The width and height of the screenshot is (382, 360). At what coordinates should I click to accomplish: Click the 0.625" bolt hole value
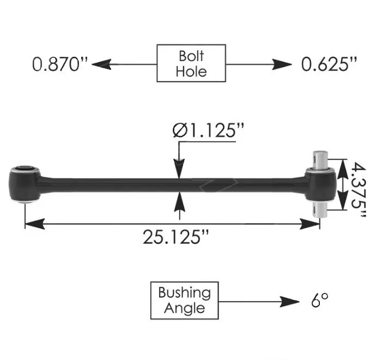[x=329, y=64]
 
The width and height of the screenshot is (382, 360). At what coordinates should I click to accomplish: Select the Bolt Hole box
[x=191, y=63]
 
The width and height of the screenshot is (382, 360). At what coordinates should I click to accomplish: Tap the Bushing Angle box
[x=184, y=300]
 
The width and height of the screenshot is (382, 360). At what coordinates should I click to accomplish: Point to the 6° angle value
[x=320, y=301]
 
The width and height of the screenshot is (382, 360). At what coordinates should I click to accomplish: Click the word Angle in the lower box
[x=184, y=308]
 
